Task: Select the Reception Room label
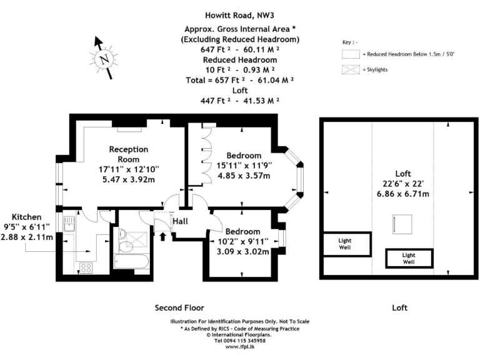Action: pos(129,154)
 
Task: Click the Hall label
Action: pos(181,221)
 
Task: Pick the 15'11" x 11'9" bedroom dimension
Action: pos(240,166)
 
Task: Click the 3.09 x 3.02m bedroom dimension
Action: pos(243,252)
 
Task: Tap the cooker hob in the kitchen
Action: pos(85,267)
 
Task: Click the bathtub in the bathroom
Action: pos(132,264)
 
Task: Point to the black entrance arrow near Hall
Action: pos(164,236)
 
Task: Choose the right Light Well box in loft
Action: pos(409,258)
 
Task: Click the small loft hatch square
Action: pos(399,222)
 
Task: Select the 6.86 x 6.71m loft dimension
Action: pos(403,194)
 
